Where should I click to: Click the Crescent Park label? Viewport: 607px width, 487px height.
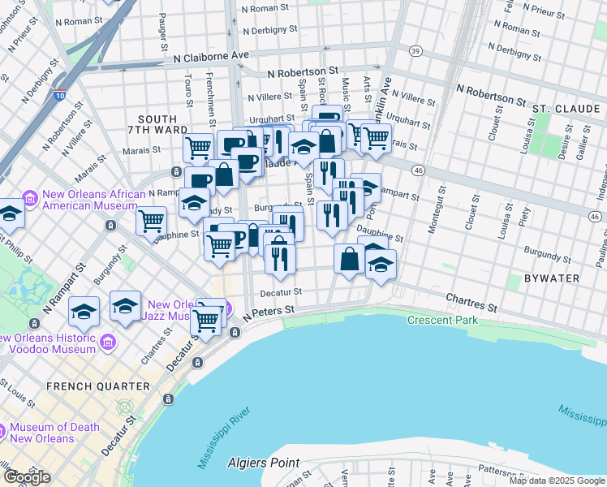click(443, 320)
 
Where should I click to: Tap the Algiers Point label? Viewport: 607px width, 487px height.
click(262, 463)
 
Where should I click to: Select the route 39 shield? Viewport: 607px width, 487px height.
click(415, 50)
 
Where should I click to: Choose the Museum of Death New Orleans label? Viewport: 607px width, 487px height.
click(54, 433)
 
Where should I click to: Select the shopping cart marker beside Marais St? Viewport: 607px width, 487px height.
click(198, 148)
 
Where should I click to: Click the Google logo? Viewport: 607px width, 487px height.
click(27, 477)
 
